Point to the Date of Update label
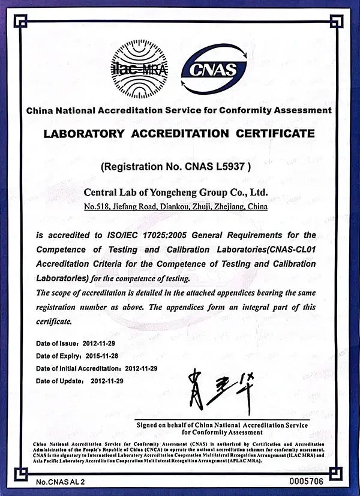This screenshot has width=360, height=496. tap(59, 381)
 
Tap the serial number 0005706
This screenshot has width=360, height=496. tap(306, 482)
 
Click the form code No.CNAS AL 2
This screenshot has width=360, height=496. tap(61, 482)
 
